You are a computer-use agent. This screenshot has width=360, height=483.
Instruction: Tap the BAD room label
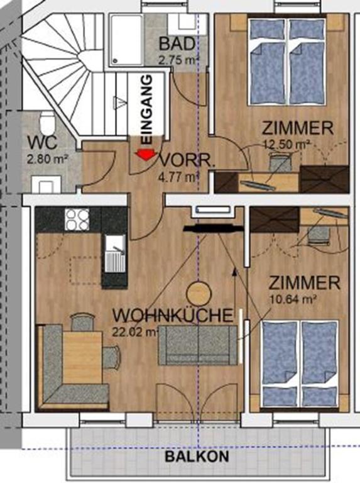click(177, 44)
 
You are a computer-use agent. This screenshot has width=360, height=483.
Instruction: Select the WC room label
click(43, 143)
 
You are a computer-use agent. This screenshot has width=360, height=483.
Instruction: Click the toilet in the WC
click(47, 121)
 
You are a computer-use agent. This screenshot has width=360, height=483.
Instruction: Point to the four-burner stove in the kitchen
click(77, 219)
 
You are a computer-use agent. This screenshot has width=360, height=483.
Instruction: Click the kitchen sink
click(115, 253)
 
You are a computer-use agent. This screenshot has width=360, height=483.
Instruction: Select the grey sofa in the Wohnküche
click(199, 345)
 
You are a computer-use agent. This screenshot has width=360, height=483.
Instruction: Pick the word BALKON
click(197, 456)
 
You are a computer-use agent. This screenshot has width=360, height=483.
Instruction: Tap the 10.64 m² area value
click(293, 299)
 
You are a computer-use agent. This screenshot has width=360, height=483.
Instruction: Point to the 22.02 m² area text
click(135, 332)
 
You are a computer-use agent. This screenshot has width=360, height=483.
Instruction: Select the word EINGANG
click(147, 109)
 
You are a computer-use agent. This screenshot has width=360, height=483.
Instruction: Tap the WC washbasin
click(46, 184)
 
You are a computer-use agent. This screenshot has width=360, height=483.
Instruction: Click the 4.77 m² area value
click(178, 177)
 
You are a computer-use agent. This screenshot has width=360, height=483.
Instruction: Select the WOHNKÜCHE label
click(173, 316)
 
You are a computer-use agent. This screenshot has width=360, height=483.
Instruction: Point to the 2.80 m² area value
click(48, 160)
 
